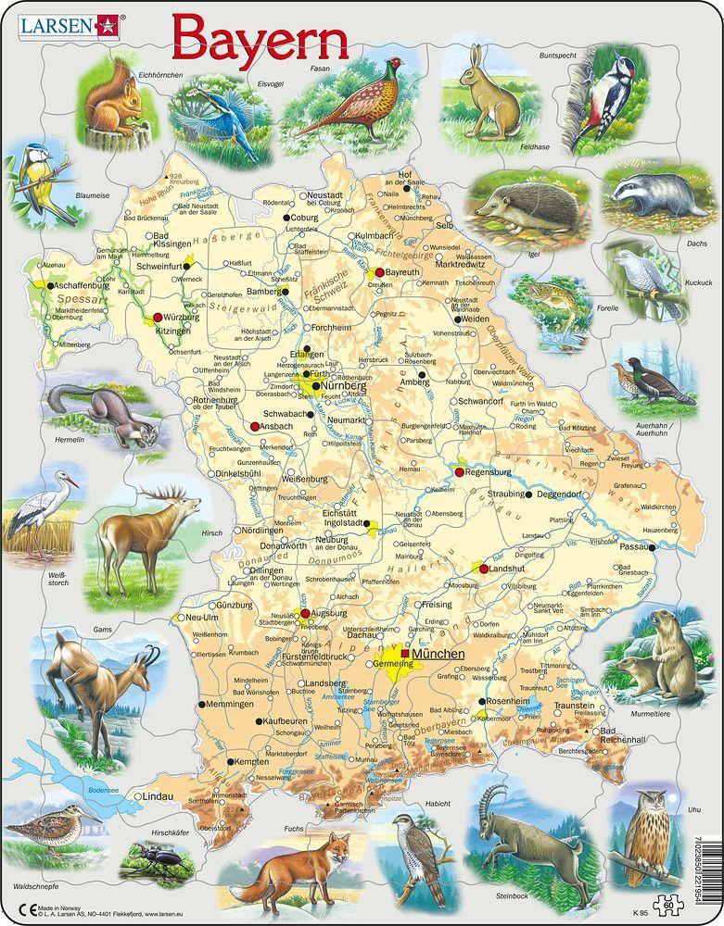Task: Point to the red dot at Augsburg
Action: (303, 613)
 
